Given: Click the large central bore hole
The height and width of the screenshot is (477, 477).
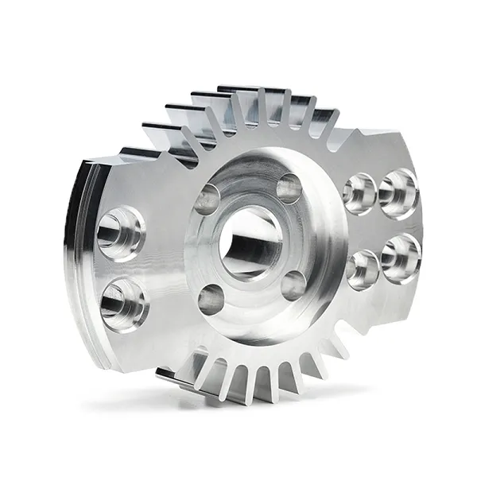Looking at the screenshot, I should point(250,243).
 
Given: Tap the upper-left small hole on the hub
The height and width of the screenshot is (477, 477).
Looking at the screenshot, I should point(208,200).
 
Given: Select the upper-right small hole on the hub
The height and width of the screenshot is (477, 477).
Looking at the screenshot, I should point(289,188).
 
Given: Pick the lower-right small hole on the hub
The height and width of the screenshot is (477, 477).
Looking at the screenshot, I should point(293,285).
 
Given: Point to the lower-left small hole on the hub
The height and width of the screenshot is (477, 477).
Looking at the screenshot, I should point(211,299).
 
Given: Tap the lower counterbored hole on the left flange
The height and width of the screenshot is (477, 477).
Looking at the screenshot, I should point(123,304).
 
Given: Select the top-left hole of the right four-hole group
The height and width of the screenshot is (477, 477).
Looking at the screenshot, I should point(359,192).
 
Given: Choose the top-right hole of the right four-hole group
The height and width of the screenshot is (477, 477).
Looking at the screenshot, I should point(397,193).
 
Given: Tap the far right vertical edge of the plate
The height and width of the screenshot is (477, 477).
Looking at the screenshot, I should point(419,231).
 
